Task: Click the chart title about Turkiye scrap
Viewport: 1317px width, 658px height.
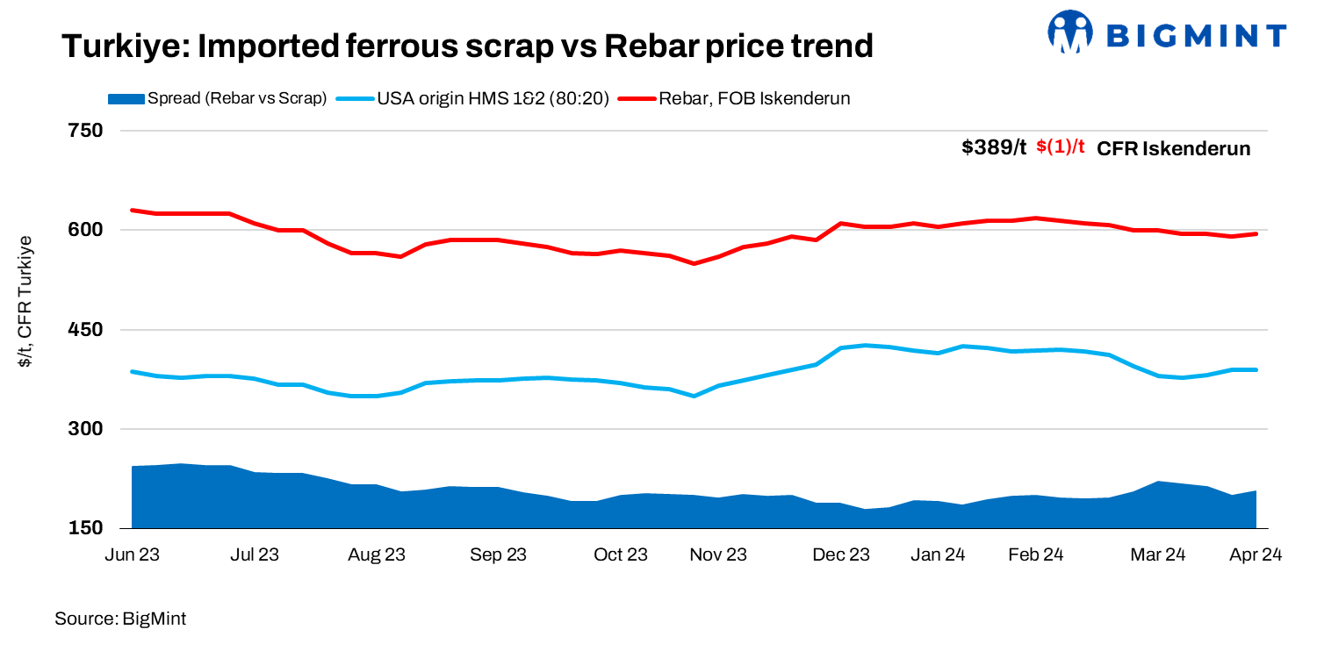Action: (467, 46)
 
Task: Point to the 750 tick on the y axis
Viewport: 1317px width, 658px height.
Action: (85, 131)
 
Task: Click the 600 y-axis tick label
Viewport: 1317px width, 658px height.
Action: (85, 230)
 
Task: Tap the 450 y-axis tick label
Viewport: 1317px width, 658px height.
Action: (85, 330)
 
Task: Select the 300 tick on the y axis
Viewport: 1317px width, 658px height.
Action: (85, 429)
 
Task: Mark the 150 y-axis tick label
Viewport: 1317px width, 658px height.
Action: (85, 529)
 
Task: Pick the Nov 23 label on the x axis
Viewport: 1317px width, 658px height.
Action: (717, 554)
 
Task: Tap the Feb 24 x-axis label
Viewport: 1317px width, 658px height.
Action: (1035, 554)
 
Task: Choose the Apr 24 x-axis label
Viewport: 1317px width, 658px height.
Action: (1256, 554)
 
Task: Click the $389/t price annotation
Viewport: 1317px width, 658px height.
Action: (993, 148)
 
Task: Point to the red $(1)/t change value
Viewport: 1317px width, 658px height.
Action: (1061, 148)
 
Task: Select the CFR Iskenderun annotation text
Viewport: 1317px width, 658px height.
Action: (1174, 148)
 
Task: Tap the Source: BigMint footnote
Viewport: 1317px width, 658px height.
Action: (120, 619)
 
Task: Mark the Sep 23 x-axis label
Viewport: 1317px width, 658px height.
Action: (498, 554)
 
